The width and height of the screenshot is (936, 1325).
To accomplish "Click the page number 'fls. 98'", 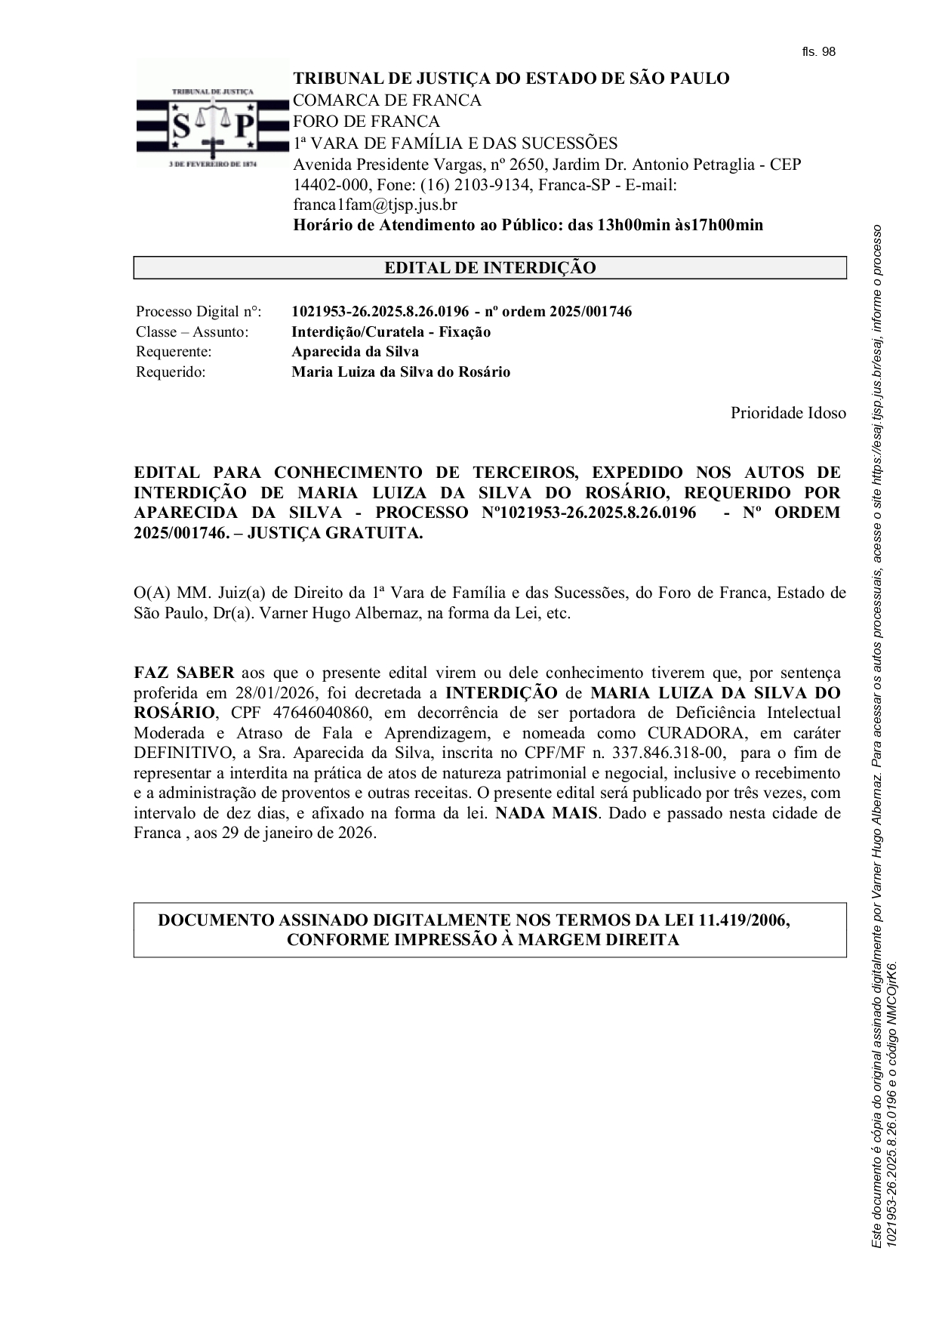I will click(818, 52).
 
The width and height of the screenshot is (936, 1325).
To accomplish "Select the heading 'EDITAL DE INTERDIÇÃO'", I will click(490, 268).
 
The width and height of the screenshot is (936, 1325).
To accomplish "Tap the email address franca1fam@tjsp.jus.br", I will click(375, 205).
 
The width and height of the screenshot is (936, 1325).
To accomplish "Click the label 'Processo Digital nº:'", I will click(199, 312).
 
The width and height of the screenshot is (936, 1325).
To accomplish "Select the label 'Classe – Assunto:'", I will click(192, 332).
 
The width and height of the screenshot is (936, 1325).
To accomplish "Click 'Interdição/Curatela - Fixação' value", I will click(391, 332).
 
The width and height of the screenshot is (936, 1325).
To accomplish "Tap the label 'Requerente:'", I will click(174, 352).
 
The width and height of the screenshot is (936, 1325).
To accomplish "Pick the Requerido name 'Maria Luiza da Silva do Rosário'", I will click(401, 372).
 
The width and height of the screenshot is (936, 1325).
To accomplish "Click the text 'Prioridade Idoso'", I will click(788, 413).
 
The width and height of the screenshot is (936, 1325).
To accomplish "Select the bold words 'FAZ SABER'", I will click(184, 673).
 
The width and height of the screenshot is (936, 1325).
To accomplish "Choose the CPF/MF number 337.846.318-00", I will click(669, 753).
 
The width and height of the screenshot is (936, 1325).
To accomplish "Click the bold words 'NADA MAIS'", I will click(547, 813).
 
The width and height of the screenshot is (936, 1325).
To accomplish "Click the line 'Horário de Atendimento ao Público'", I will click(528, 225).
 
